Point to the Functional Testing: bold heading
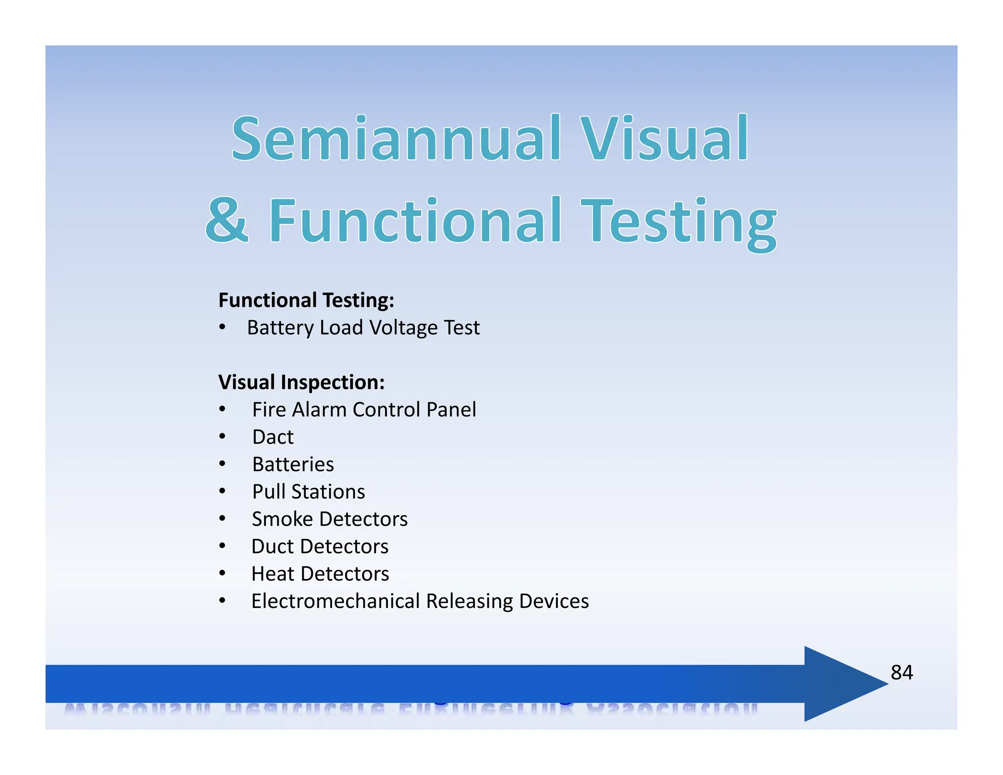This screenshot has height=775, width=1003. (x=306, y=300)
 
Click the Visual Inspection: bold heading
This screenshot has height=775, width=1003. (x=301, y=382)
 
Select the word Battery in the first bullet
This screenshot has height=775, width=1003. (x=280, y=328)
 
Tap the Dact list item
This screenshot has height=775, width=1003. (x=273, y=437)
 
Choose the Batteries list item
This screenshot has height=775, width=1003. (x=293, y=464)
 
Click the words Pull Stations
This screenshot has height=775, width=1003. (x=309, y=492)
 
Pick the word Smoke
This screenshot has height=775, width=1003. (x=282, y=519)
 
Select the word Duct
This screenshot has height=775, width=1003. (x=272, y=547)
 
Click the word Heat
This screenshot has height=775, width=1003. (x=272, y=574)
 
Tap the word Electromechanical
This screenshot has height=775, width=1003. (x=335, y=601)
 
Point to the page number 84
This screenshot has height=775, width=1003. (x=901, y=673)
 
